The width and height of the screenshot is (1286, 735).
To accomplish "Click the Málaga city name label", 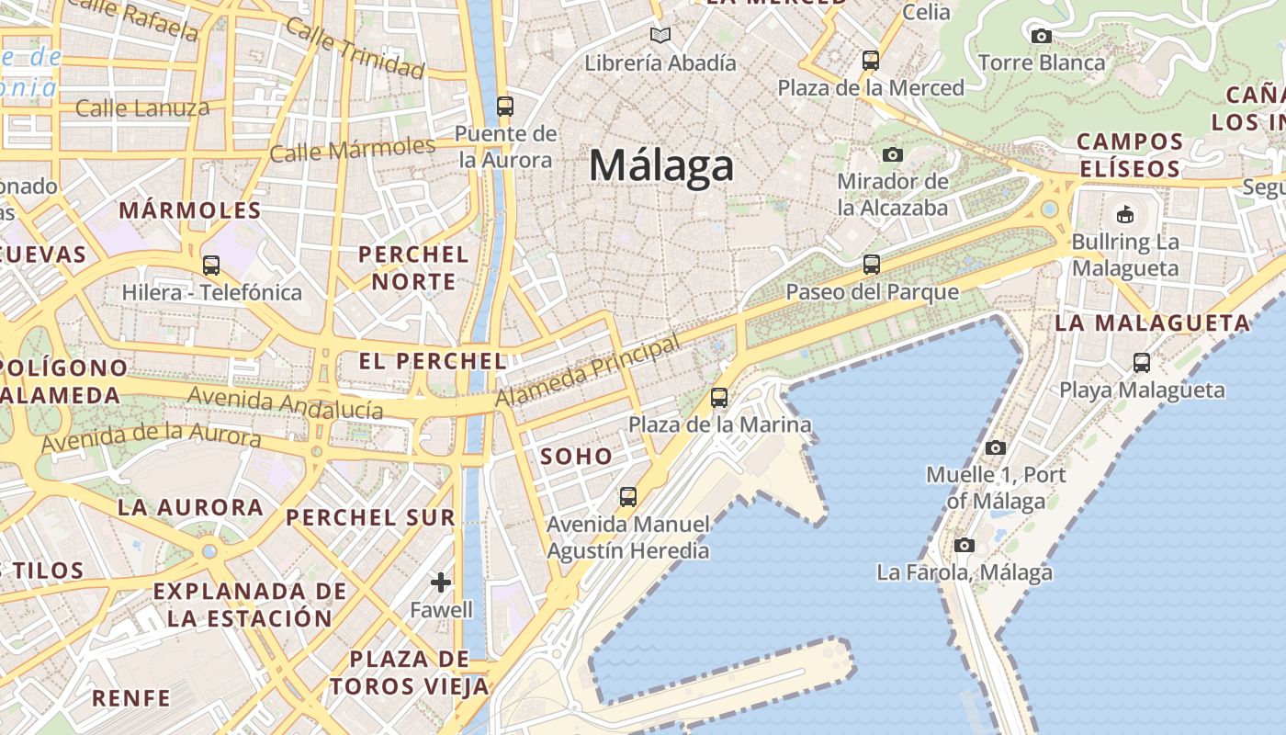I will (661, 166).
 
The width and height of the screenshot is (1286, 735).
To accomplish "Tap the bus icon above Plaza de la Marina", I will (719, 398).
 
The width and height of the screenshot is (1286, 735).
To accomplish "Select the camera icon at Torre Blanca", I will (1041, 37).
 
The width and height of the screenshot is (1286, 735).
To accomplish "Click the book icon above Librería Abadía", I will (660, 36).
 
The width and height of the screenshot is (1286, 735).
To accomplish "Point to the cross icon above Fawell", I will (441, 582).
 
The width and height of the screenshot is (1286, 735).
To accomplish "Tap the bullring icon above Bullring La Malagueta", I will (1124, 215).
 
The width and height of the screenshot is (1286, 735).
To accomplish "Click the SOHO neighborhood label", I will (576, 456).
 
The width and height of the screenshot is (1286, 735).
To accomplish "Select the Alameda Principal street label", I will (589, 371).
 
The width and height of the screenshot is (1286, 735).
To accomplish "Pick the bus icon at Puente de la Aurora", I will (504, 106).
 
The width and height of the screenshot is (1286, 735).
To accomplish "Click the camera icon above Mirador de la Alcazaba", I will (892, 154).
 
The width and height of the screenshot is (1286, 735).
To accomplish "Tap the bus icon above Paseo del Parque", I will (871, 265).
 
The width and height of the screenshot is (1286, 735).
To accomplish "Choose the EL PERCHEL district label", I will (433, 361).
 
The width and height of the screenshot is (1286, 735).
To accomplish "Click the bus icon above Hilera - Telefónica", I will (211, 266).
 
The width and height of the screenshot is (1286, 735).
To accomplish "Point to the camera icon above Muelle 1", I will (995, 448).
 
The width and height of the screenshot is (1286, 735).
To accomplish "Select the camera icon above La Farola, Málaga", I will (964, 546).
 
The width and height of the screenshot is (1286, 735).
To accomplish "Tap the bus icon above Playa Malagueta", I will (1141, 363).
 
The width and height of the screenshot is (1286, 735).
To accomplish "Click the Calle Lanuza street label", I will (142, 108).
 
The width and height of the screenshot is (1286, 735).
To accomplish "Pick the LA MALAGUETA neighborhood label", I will (1152, 323).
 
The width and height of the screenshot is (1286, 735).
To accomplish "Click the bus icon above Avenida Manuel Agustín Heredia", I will (627, 497).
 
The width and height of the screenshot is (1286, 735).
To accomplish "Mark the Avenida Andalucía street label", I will (285, 402).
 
